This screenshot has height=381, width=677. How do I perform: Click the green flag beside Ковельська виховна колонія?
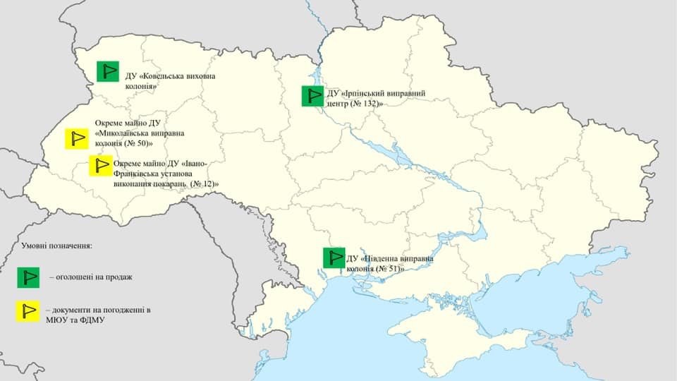pos(108,71)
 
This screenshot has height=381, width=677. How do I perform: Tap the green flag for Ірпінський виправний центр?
pos(312,96)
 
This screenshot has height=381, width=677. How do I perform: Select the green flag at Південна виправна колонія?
pos(334,258)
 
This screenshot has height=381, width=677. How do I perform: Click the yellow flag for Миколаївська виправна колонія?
pos(75,139)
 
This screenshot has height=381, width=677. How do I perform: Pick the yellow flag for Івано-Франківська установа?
pos(100,165)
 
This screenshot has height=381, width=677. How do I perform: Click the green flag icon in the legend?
pos(29,278)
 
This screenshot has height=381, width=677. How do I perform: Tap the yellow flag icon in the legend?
pos(29,311)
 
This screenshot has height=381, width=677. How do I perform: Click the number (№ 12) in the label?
pos(204,183)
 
